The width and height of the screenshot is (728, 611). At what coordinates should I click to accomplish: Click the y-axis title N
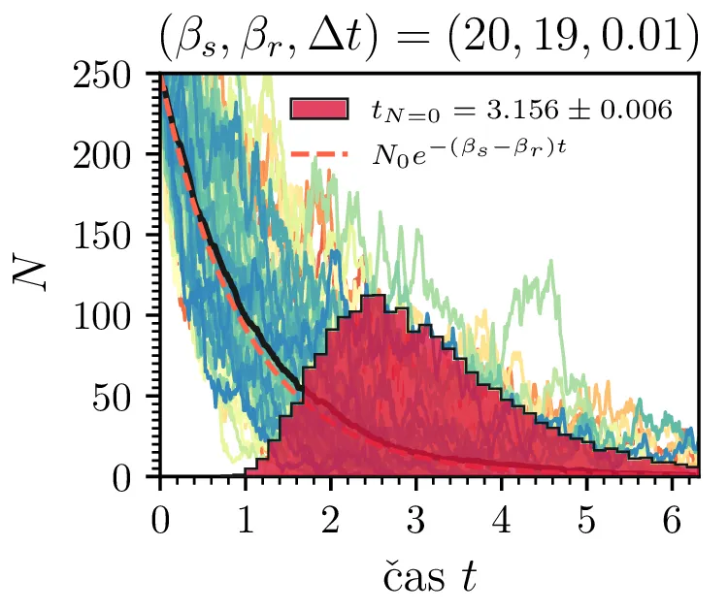(x=31, y=274)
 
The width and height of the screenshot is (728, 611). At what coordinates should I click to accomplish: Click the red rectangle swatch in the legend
(x=318, y=110)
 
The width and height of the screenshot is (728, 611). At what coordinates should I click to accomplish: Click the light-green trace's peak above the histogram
(x=551, y=261)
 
